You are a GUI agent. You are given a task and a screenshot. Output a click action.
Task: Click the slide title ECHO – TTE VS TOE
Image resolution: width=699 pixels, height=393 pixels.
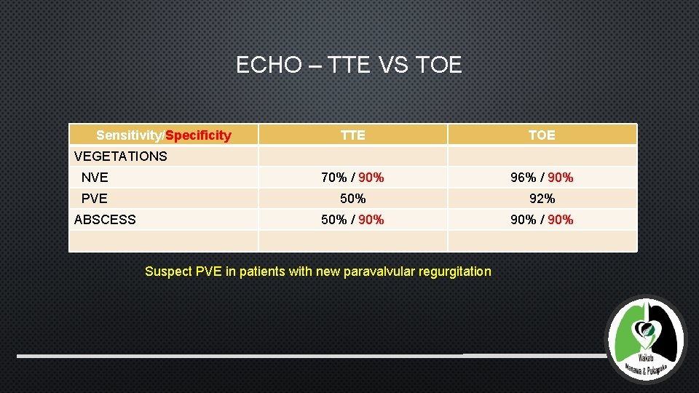349,65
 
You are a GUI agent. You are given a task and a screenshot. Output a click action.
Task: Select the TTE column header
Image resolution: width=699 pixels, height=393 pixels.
353,135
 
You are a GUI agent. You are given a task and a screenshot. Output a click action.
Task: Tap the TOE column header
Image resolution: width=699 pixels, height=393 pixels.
542,135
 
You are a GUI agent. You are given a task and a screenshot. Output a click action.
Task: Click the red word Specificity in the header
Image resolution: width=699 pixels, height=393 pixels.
199,135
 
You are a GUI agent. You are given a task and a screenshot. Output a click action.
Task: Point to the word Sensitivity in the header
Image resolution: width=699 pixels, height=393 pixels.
130,135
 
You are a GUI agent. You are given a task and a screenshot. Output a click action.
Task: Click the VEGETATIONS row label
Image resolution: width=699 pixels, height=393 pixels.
121,156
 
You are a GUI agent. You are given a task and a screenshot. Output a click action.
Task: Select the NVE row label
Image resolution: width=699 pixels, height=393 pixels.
95,177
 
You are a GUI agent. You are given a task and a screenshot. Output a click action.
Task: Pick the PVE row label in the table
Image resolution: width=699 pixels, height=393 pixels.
95,198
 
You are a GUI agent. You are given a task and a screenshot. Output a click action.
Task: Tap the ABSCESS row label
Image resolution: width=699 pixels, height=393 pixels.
105,219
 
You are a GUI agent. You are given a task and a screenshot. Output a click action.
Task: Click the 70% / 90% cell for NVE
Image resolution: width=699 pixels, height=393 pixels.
353,177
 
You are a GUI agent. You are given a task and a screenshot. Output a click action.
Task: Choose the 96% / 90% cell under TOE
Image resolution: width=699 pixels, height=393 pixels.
542,177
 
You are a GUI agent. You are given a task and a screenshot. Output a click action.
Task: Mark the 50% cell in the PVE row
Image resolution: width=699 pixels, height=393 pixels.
353,198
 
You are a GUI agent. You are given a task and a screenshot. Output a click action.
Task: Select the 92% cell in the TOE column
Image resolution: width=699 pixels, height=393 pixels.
542,198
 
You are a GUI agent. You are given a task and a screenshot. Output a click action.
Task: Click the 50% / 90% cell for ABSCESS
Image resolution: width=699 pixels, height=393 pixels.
353,219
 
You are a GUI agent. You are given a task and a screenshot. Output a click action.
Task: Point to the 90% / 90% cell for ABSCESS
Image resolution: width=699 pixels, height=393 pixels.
542,219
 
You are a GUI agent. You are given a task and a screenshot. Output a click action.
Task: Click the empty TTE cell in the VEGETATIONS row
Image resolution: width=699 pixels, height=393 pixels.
353,156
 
